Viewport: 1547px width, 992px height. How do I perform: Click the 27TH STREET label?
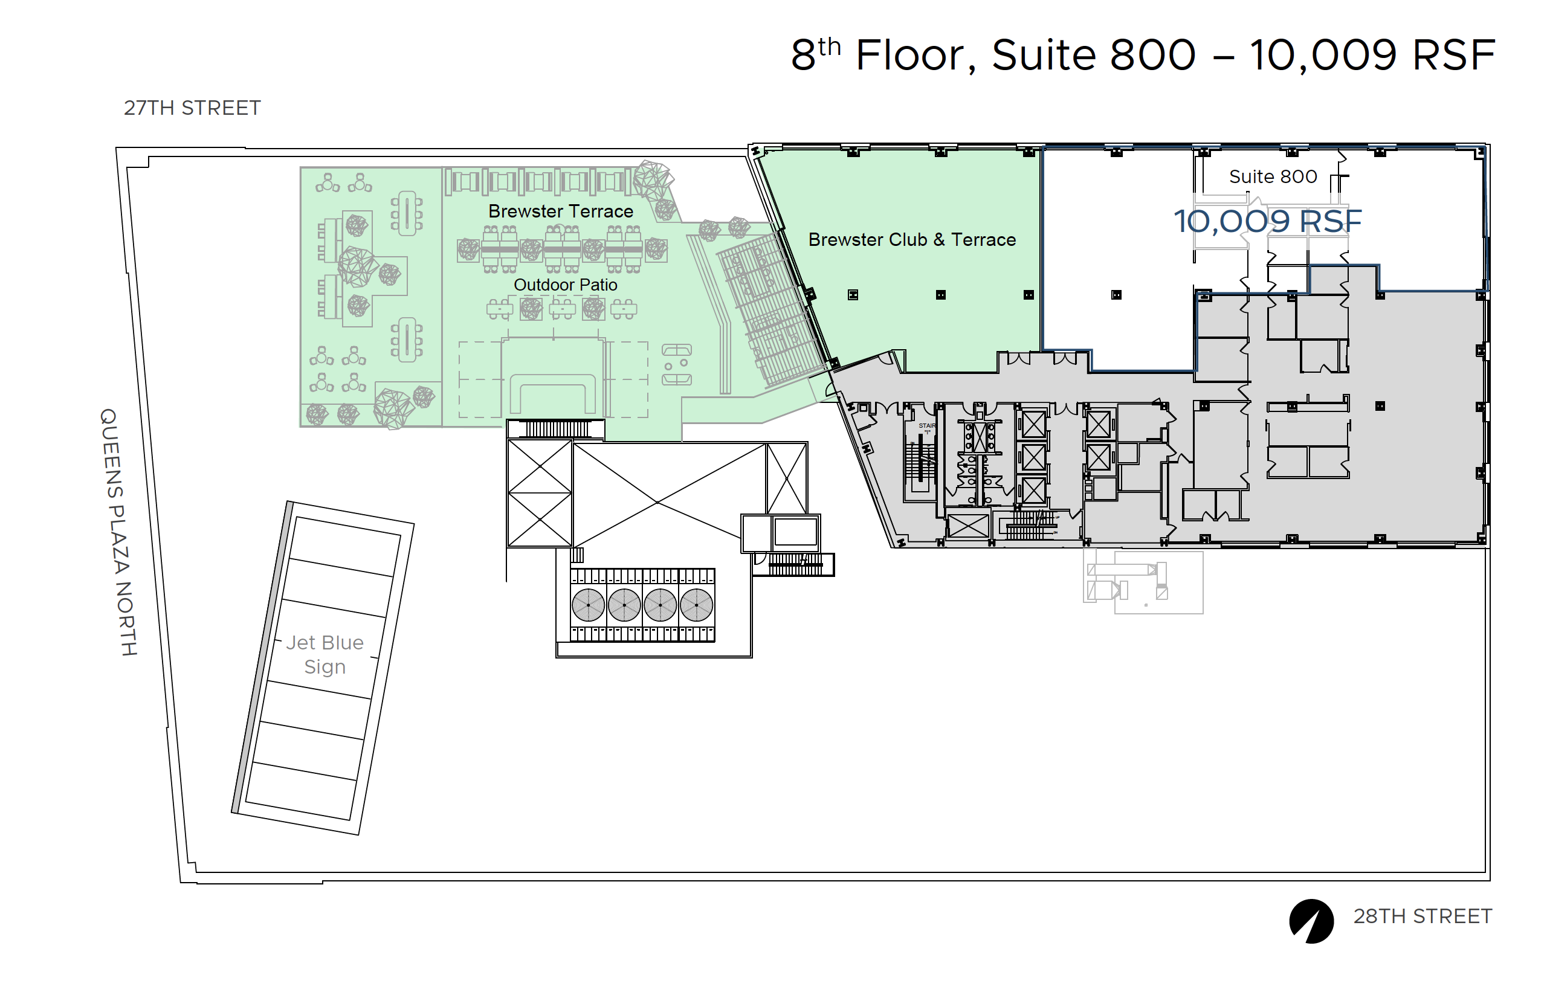tap(192, 108)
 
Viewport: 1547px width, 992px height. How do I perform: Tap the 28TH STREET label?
tap(1423, 916)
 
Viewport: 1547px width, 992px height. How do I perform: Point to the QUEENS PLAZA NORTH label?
tap(118, 532)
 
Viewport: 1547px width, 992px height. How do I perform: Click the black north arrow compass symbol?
tap(1311, 921)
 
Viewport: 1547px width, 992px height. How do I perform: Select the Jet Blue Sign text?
tap(325, 654)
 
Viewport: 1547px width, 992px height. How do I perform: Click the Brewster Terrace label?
tap(561, 211)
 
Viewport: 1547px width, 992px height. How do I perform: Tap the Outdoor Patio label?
tap(565, 285)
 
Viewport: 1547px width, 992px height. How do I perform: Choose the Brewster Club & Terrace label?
tap(912, 240)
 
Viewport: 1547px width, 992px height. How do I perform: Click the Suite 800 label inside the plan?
tap(1273, 176)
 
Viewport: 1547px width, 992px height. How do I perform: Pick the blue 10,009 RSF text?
tap(1267, 222)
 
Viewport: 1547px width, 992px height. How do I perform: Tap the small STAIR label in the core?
tap(926, 426)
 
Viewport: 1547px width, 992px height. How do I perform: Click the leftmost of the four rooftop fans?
tap(587, 605)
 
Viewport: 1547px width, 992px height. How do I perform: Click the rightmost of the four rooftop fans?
tap(696, 605)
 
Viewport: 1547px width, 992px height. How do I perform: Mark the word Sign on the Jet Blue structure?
tap(325, 667)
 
